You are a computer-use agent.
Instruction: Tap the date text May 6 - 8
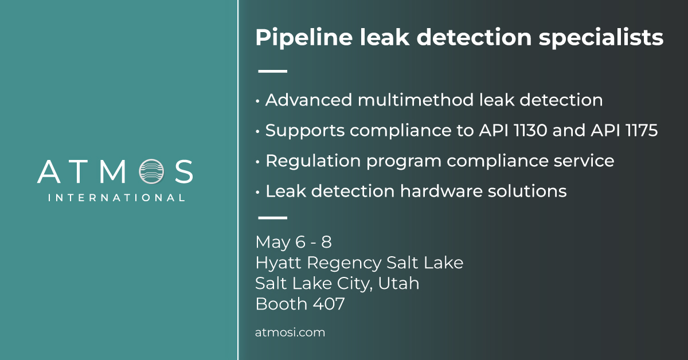point(294,242)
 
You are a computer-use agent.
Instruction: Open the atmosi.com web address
point(290,332)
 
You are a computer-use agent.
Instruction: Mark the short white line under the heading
point(273,72)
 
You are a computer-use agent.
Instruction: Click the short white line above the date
point(273,218)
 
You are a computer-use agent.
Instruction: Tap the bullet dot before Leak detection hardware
point(258,191)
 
